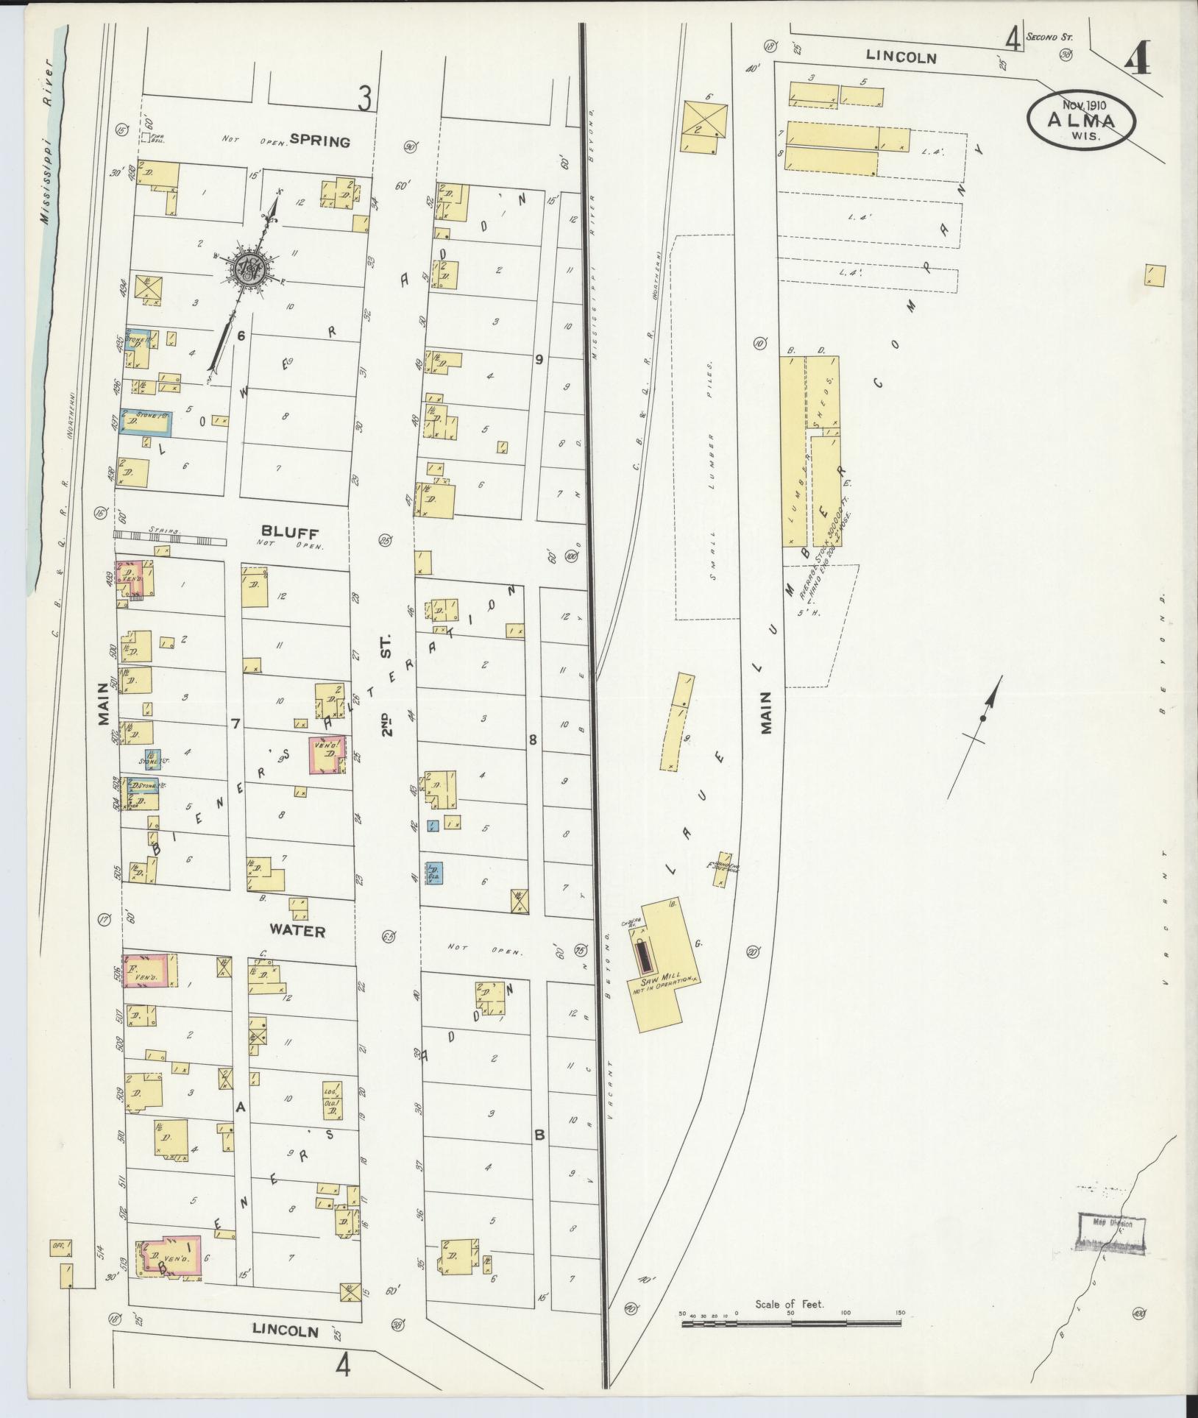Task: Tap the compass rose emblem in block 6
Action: pos(248,269)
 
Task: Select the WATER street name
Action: pos(297,931)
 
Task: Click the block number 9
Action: pos(539,360)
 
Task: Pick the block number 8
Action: pos(534,741)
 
